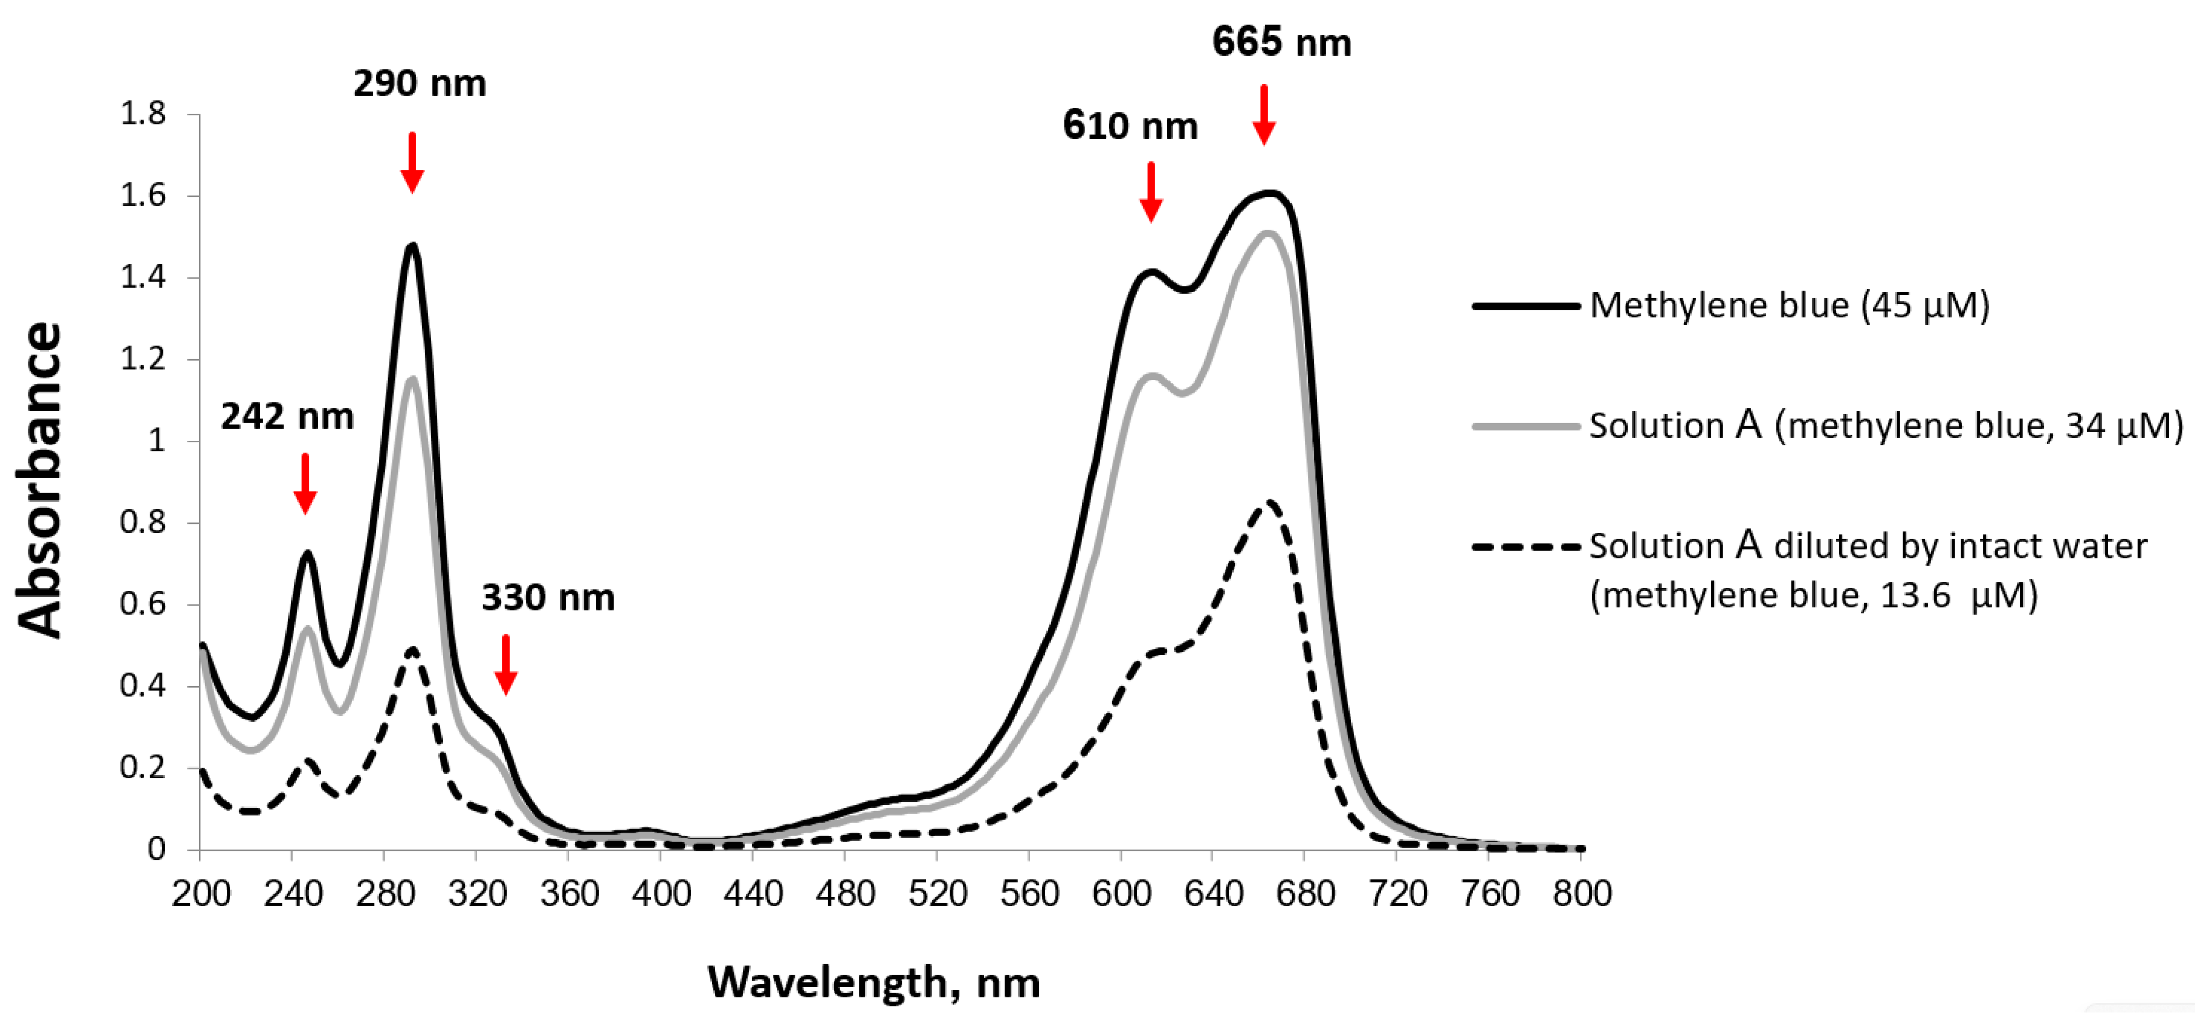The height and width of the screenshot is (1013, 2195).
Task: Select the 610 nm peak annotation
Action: (x=1130, y=126)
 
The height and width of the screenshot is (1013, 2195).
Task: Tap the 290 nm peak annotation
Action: (x=419, y=84)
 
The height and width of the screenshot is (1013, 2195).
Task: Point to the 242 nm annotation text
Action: (x=287, y=417)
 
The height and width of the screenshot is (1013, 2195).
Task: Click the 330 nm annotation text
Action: (x=548, y=597)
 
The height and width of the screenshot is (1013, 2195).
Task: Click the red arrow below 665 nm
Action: (x=1263, y=115)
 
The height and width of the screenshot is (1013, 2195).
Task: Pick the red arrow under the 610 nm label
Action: (x=1150, y=192)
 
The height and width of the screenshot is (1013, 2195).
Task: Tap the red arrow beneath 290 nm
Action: (x=413, y=164)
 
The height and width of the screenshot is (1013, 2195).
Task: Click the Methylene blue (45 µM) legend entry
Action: (x=1789, y=305)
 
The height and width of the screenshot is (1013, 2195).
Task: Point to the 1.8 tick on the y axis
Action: (x=143, y=113)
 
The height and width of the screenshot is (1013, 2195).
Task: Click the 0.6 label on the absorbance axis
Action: (x=143, y=604)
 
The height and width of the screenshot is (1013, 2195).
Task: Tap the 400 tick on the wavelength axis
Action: (x=661, y=894)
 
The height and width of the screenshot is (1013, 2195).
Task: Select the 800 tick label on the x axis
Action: (x=1581, y=894)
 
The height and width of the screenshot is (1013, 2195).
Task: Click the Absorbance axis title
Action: (x=39, y=480)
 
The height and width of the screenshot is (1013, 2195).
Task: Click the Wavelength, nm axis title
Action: (x=874, y=982)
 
